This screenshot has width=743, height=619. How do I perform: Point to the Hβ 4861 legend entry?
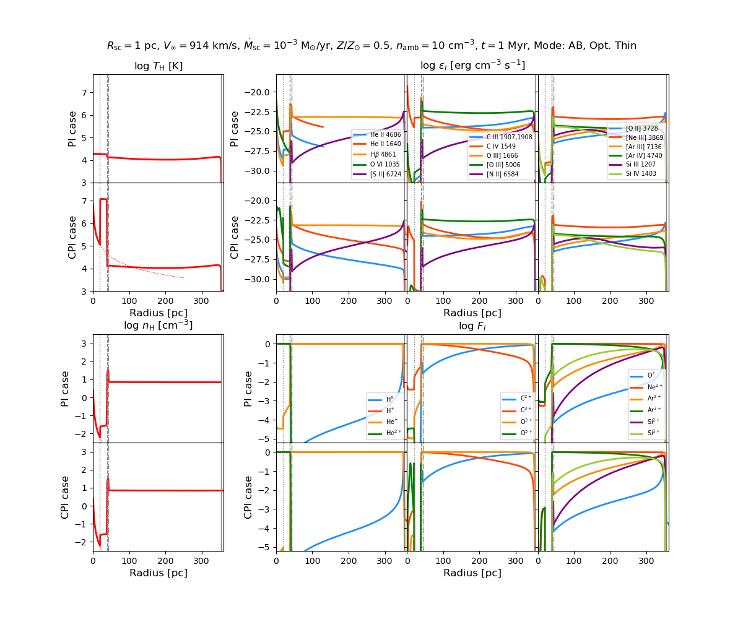click(x=383, y=155)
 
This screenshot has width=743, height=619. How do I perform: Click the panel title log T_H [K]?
click(x=159, y=66)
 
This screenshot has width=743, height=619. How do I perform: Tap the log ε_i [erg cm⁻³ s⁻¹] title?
click(x=472, y=66)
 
